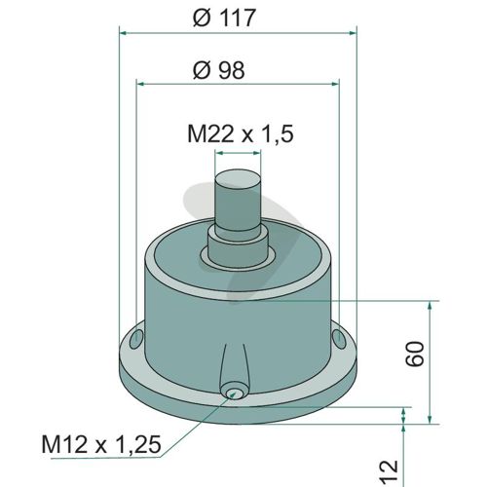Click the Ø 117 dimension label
[224, 18]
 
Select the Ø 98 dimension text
[218, 70]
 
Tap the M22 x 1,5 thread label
[241, 133]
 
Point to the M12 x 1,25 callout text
[101, 444]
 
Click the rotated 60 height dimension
[415, 354]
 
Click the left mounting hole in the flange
[135, 339]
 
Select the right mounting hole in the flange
[339, 339]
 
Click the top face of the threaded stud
[239, 178]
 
